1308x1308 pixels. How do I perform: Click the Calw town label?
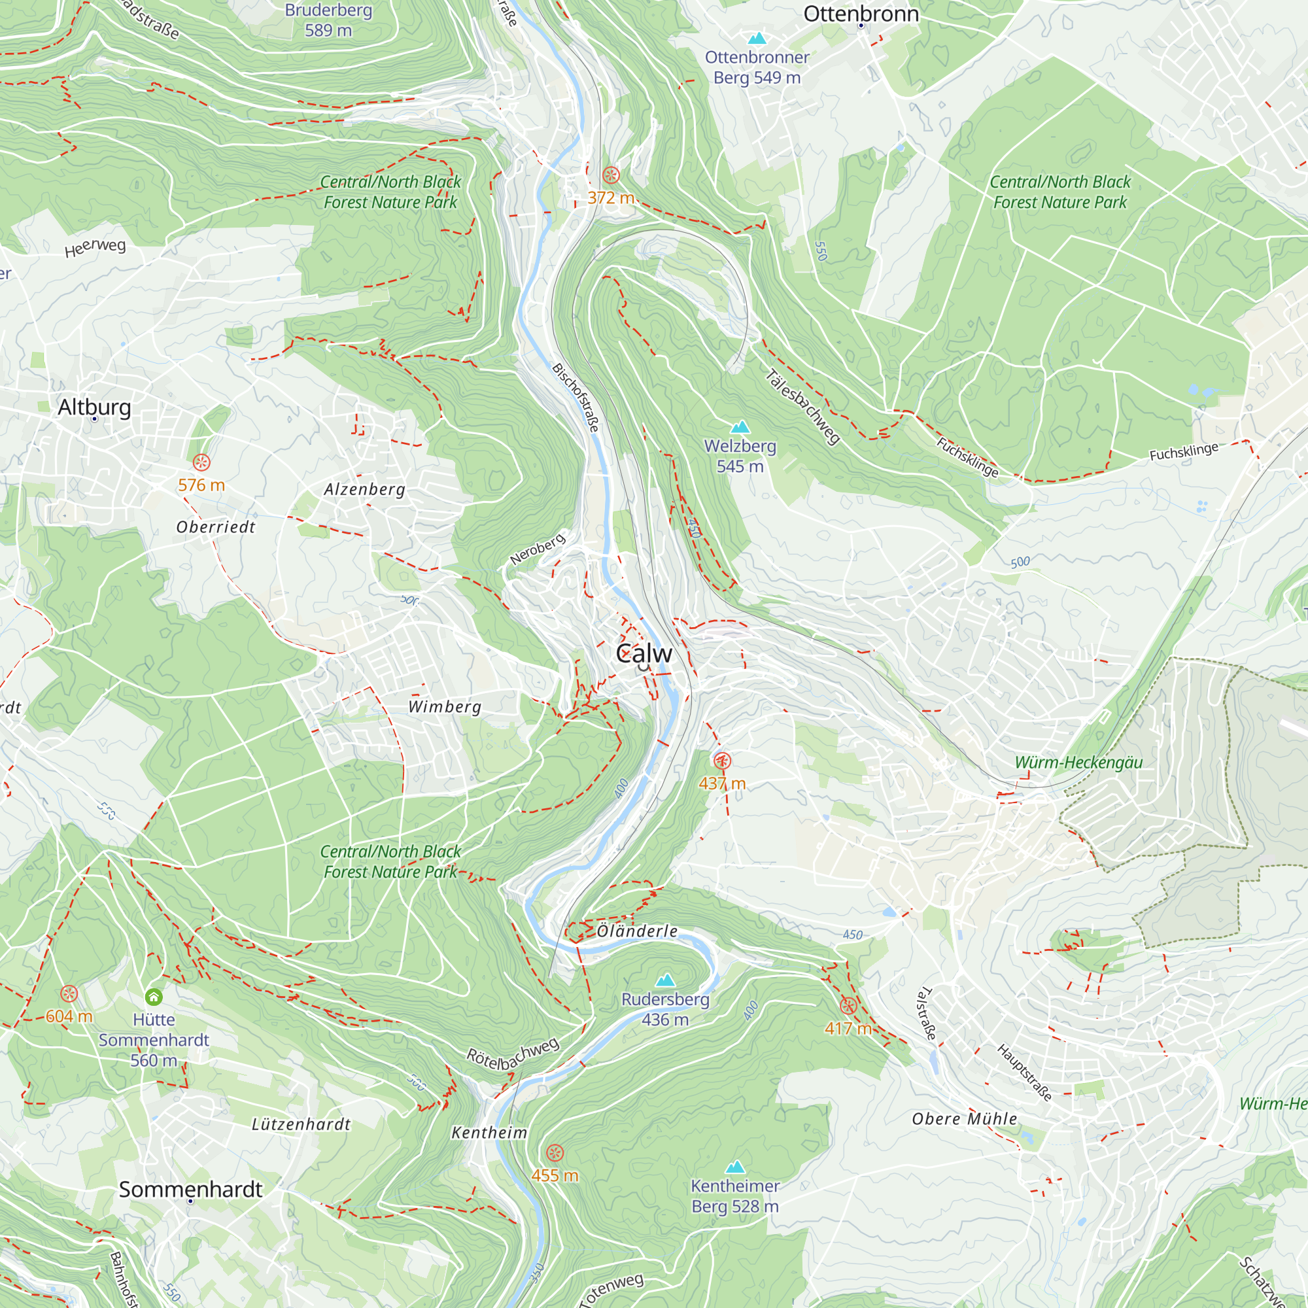[x=644, y=653]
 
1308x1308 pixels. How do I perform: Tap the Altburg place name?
[x=94, y=407]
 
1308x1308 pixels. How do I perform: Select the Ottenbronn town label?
[x=861, y=14]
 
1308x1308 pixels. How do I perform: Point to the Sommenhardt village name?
[x=190, y=1190]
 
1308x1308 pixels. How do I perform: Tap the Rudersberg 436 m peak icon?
[x=666, y=980]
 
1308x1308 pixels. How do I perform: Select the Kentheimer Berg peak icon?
[x=735, y=1167]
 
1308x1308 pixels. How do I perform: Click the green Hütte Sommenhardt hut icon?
[x=154, y=997]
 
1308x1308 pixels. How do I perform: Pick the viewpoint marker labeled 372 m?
[x=611, y=175]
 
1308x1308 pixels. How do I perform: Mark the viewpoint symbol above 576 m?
[x=201, y=462]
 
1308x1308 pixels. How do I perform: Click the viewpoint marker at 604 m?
[x=69, y=994]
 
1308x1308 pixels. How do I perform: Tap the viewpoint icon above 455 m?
[x=555, y=1153]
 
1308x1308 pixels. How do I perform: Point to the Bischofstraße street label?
[x=576, y=398]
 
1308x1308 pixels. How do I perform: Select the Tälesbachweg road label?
[x=803, y=407]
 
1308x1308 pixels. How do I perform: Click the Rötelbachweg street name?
[x=513, y=1054]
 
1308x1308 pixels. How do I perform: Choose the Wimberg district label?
[x=444, y=707]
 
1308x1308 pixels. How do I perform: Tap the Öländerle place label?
[x=637, y=931]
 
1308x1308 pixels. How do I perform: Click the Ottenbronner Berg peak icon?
[x=756, y=39]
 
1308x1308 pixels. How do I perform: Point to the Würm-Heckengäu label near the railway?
[x=1078, y=763]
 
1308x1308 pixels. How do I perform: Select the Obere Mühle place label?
[x=964, y=1119]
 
